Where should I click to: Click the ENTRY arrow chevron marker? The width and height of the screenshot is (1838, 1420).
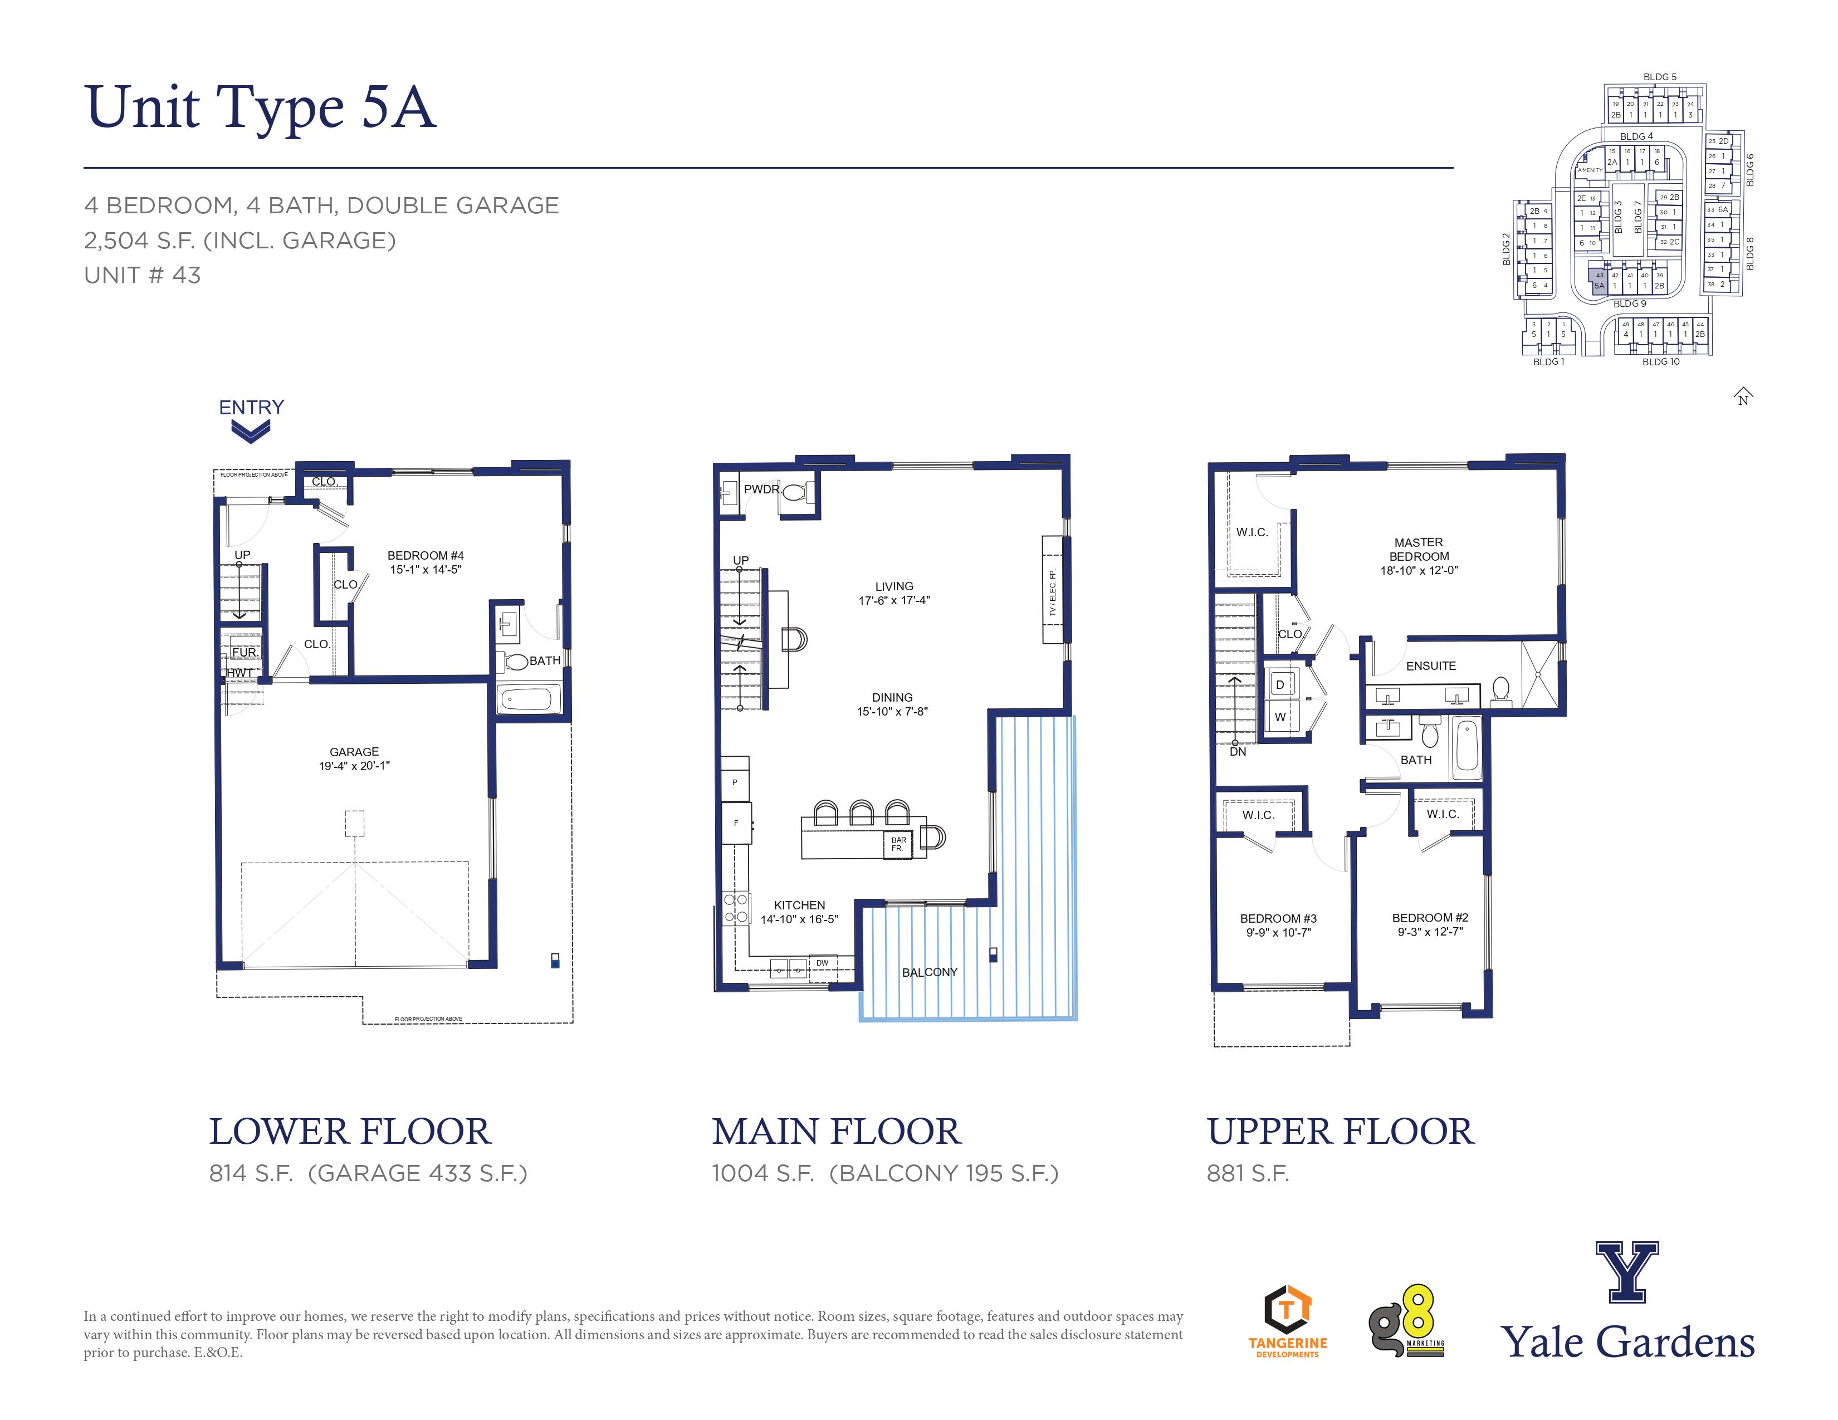point(251,432)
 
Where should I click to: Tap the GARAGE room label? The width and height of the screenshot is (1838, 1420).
point(354,751)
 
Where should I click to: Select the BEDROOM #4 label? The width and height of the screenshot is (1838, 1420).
point(425,555)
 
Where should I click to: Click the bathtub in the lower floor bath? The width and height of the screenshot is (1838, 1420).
point(529,698)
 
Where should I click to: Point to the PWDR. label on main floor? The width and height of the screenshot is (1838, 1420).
point(761,489)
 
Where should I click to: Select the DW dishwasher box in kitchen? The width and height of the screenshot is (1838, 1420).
point(822,963)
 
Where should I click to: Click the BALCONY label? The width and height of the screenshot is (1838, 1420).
point(929,972)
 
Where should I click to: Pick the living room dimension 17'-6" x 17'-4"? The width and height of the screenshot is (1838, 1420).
point(894,600)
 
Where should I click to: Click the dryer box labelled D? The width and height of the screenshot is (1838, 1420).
point(1280,685)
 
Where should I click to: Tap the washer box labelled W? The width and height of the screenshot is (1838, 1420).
point(1280,717)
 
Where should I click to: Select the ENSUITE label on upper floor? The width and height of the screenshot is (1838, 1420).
point(1431,665)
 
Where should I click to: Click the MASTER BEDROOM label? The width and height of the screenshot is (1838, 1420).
point(1419,549)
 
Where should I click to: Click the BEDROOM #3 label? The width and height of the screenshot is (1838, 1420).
point(1278,919)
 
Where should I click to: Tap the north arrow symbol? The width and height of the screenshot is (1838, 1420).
point(1743,396)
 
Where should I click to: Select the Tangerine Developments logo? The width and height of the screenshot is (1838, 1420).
point(1288,1321)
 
